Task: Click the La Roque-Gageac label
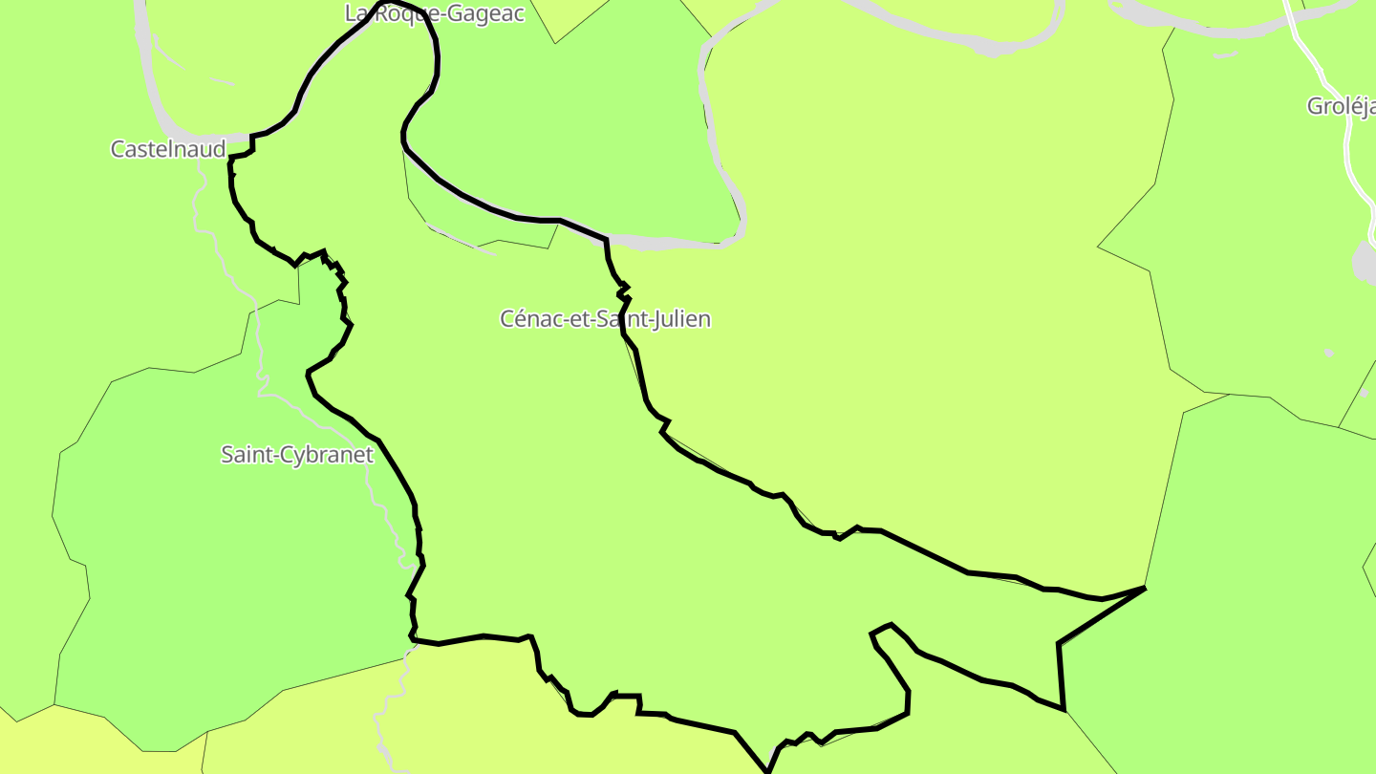[x=434, y=13]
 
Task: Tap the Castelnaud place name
[x=168, y=149]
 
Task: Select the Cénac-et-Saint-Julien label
[x=605, y=318]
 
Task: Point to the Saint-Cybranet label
[x=296, y=454]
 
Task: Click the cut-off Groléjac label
[x=1341, y=106]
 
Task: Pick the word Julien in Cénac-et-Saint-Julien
[x=679, y=318]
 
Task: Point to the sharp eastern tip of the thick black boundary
[x=1144, y=589]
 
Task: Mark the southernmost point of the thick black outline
[x=766, y=770]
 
